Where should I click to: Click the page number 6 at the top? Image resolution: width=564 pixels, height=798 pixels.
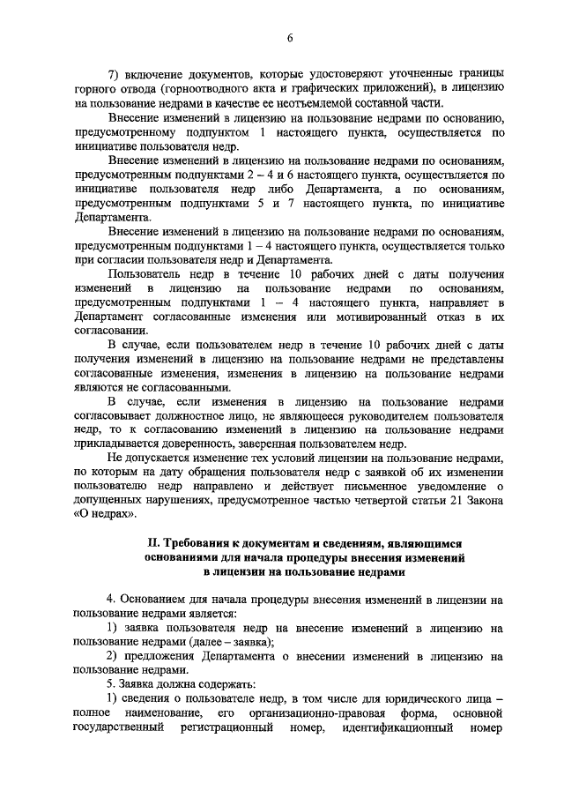pos(289,36)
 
